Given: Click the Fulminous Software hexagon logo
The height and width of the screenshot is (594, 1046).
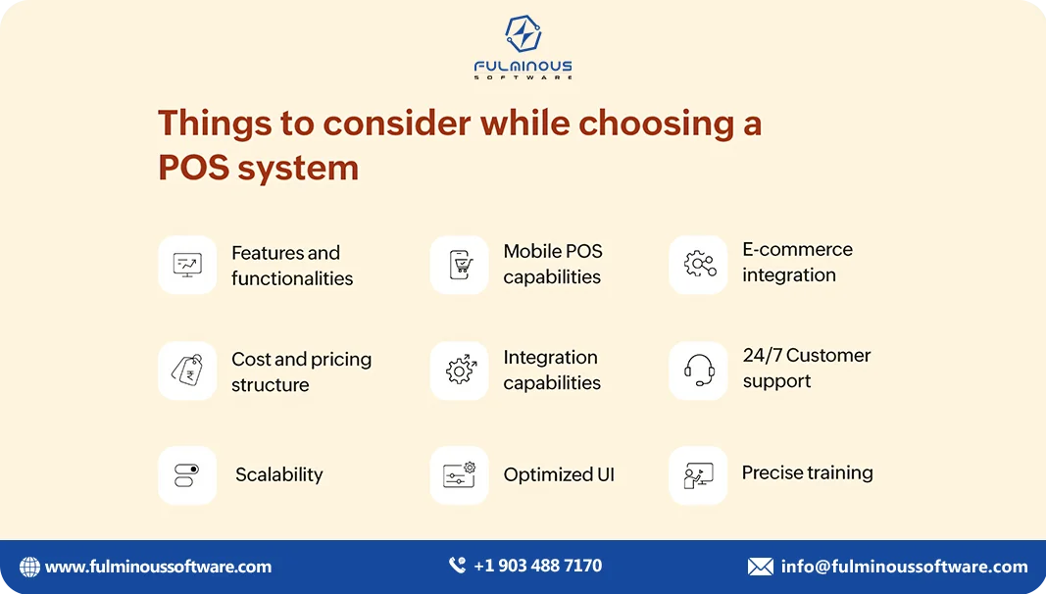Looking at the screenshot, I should point(523,34).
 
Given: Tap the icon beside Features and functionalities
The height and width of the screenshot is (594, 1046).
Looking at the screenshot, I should point(187,265).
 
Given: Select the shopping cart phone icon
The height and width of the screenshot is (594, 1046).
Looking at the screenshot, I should point(459,265).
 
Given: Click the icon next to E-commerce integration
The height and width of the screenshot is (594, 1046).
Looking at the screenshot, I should point(698,264).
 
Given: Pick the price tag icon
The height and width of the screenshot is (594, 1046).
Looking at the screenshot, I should point(187,371).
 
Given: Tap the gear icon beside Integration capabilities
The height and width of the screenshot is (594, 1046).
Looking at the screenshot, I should point(459,371).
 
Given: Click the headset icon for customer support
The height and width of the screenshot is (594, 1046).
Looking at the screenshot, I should point(698,371).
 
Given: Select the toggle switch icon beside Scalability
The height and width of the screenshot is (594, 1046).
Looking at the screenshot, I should point(187,475).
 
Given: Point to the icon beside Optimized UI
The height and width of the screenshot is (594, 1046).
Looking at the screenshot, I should point(459,475).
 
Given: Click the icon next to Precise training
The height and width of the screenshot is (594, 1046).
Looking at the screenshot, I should point(698,475).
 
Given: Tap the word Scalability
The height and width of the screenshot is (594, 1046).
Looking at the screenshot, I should point(278,475).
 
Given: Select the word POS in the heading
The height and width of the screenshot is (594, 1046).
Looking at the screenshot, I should point(191,168).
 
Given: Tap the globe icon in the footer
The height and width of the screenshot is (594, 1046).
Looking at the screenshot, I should point(30,567).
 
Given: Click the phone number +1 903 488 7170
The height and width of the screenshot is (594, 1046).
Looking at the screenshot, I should point(537,566).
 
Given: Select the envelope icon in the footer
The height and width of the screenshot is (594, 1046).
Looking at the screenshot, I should point(760,567).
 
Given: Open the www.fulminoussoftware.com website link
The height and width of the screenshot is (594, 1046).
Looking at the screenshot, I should point(158,567).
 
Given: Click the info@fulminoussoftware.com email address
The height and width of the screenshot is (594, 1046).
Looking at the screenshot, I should point(904,567).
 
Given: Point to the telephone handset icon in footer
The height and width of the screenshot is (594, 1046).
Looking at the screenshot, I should point(457,566).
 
